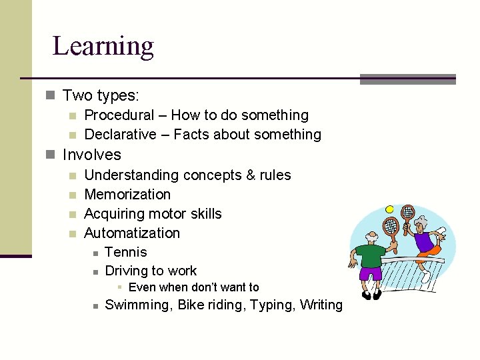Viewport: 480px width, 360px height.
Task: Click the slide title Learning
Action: (x=103, y=47)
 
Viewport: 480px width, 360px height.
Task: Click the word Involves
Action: (x=92, y=155)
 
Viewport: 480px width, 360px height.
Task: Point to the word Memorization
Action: (x=127, y=195)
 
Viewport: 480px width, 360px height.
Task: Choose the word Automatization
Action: (x=132, y=233)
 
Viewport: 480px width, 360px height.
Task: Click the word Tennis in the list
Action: (x=126, y=252)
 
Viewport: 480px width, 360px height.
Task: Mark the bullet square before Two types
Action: (x=51, y=96)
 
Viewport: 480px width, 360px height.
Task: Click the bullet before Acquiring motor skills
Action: (x=73, y=215)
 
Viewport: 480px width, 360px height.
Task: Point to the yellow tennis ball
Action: (x=389, y=209)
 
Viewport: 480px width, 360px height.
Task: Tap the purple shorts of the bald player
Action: (x=370, y=273)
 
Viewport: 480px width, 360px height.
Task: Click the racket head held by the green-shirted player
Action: (x=393, y=226)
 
